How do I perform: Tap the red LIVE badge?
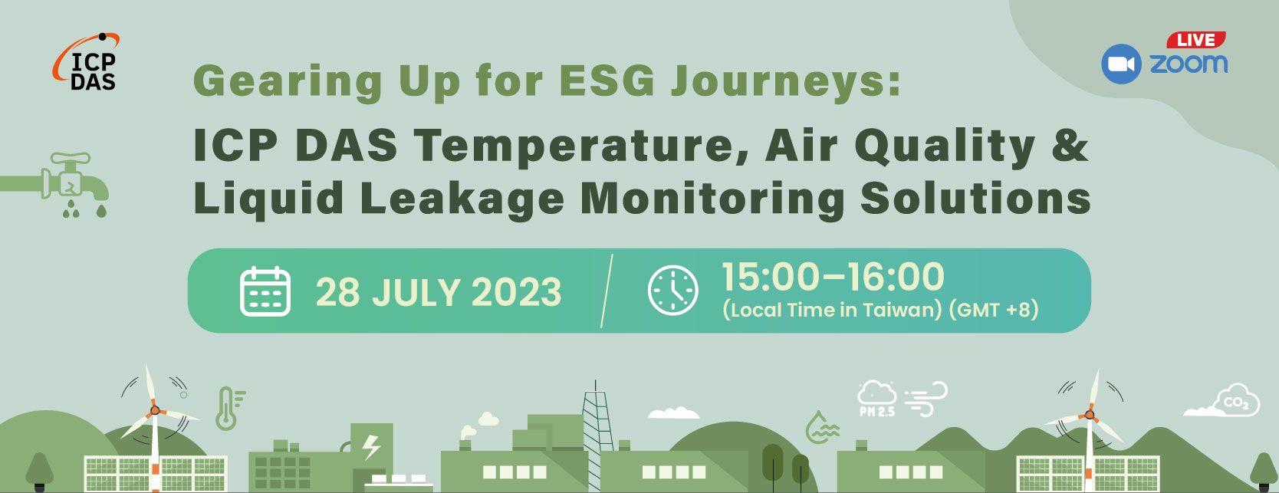[x=1196, y=40]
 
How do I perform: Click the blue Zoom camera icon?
[x=1121, y=64]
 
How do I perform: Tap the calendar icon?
[x=265, y=291]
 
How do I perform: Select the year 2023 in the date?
[x=516, y=291]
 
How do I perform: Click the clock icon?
[x=672, y=289]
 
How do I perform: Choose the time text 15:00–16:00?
[x=833, y=277]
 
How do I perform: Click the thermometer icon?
[x=229, y=408]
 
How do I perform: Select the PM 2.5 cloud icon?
[x=876, y=399]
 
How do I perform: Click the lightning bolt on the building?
[x=371, y=447]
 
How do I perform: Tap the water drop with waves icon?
[x=822, y=427]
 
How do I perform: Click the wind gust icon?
[x=925, y=399]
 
